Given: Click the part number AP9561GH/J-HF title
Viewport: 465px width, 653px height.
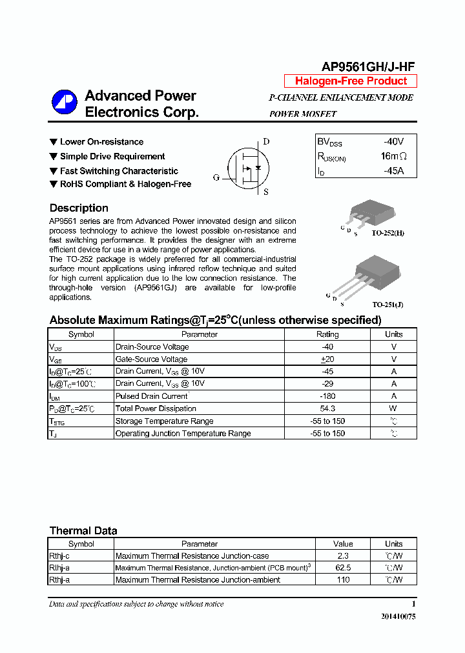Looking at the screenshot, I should [368, 67].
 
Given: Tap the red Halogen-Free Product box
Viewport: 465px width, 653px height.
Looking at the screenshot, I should [351, 81].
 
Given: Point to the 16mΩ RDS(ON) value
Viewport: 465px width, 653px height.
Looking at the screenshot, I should [393, 156].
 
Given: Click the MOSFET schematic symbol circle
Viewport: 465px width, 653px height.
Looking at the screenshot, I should [243, 167].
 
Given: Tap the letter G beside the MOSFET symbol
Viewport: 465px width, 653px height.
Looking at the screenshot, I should [216, 177].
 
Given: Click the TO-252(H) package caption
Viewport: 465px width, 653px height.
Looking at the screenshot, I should [387, 233].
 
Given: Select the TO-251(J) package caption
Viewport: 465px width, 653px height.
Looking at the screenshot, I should [387, 304].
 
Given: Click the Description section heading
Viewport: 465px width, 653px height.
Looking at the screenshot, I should [79, 208].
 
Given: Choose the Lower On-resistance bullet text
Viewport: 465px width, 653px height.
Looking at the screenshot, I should [101, 142].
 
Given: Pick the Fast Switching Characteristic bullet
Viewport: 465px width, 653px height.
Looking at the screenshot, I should [119, 171].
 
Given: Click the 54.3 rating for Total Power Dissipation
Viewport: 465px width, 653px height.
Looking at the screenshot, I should [327, 408].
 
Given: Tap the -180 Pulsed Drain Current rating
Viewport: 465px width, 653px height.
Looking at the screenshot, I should [327, 396].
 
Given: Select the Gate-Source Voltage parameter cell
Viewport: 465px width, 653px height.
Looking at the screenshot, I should [151, 359].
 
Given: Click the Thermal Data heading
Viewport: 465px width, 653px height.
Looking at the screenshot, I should [83, 531].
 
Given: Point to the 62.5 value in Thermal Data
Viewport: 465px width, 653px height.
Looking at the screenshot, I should [343, 568].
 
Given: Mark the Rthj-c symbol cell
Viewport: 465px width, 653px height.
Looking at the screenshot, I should [59, 556].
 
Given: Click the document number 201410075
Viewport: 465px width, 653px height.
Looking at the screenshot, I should [398, 617].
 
